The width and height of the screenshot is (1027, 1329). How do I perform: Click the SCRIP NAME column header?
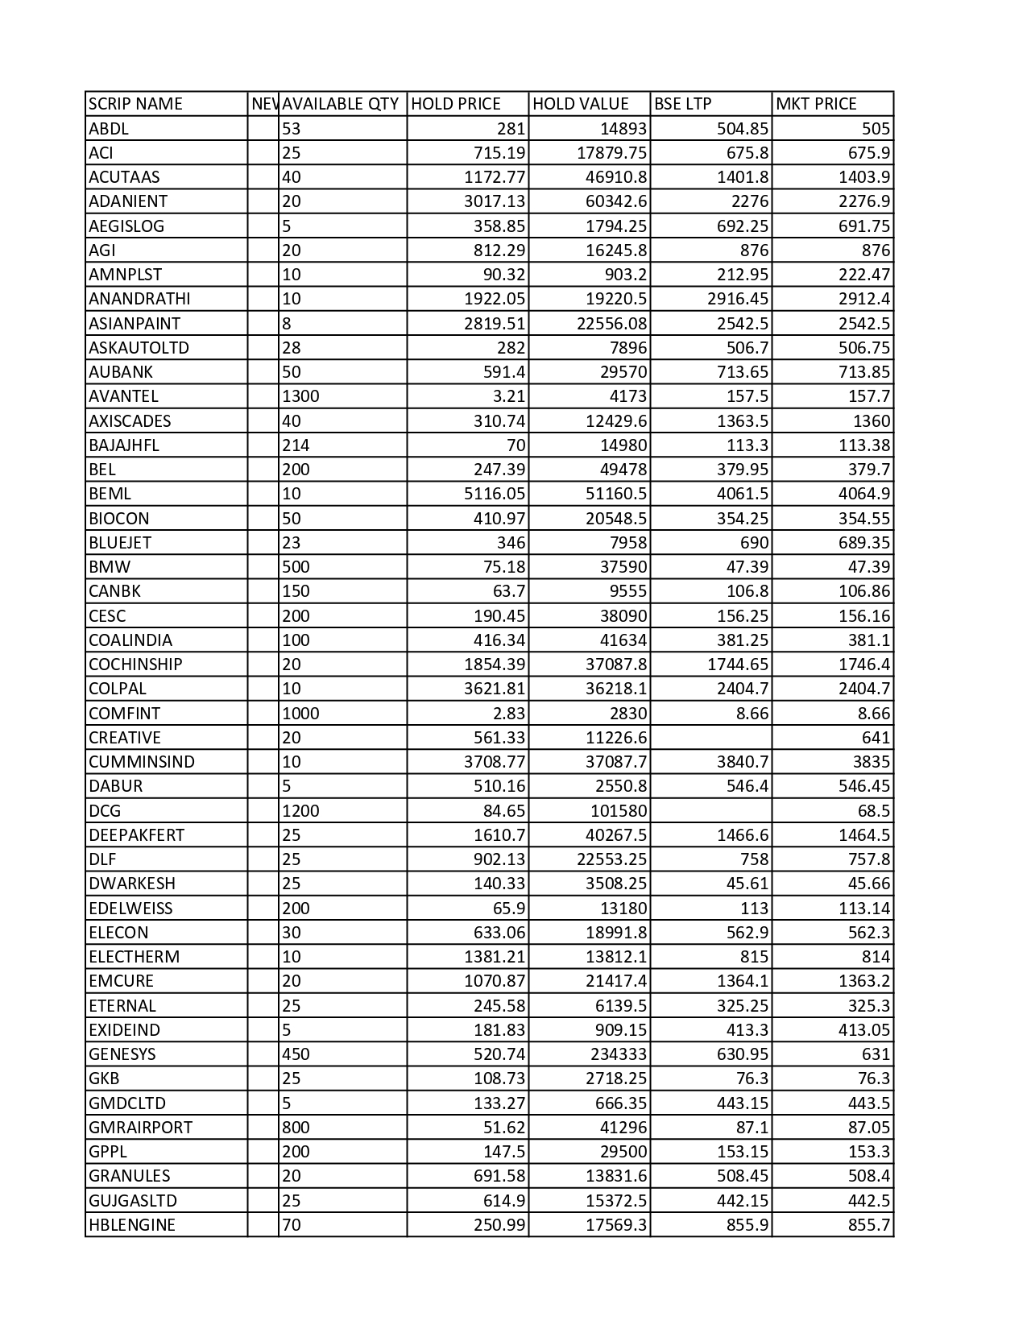click(135, 104)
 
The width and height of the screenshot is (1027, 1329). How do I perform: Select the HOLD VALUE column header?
click(580, 104)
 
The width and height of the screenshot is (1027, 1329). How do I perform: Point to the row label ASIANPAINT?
click(135, 323)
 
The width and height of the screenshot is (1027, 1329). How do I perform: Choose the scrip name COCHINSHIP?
click(135, 664)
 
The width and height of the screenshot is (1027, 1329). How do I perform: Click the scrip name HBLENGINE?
click(132, 1225)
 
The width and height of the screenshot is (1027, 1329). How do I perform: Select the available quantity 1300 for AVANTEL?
click(300, 396)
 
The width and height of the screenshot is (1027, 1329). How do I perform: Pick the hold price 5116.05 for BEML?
click(495, 494)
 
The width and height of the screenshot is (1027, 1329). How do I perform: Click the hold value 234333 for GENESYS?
click(617, 1054)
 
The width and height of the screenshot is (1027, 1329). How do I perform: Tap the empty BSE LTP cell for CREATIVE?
click(710, 738)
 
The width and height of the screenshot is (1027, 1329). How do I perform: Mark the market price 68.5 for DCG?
click(874, 811)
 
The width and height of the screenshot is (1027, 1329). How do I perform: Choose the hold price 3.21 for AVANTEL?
click(508, 396)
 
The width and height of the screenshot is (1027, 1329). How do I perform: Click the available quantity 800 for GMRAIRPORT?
click(296, 1128)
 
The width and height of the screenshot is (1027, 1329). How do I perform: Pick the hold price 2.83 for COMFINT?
click(508, 714)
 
